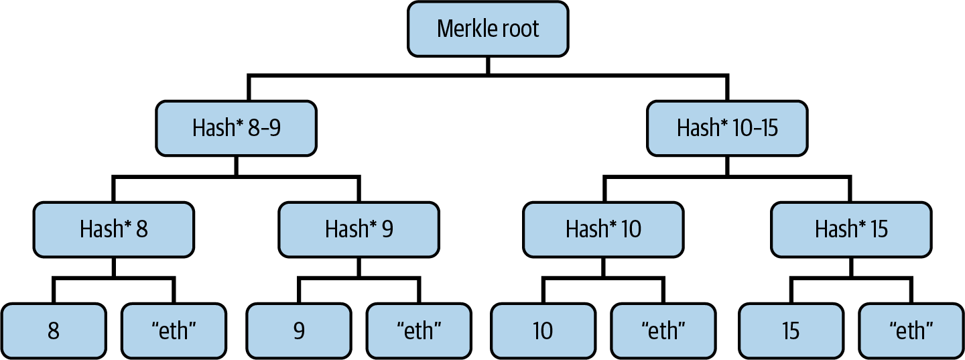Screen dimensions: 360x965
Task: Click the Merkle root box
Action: (x=488, y=29)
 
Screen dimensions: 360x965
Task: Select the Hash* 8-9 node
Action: (x=236, y=128)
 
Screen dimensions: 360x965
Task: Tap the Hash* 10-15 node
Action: (x=727, y=128)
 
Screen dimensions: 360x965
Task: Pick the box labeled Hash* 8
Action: (x=114, y=229)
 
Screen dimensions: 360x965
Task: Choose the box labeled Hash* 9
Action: (x=359, y=229)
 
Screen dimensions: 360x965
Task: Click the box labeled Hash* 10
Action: (x=603, y=229)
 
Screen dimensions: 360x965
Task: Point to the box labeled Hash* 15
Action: (x=851, y=229)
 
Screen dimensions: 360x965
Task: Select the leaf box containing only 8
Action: (x=54, y=331)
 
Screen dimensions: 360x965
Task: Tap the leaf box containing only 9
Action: (x=298, y=331)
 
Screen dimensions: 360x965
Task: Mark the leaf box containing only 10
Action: (x=543, y=331)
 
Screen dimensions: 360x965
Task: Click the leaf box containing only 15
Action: (x=791, y=331)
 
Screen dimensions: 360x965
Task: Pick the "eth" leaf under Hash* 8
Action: (x=175, y=331)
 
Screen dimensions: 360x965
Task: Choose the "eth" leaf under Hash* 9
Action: (x=420, y=331)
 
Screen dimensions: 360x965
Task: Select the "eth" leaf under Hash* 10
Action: (x=664, y=331)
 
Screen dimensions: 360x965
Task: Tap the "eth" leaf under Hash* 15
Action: (x=911, y=331)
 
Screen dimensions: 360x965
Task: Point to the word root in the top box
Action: (x=521, y=29)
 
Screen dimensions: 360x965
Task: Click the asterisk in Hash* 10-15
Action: (x=724, y=124)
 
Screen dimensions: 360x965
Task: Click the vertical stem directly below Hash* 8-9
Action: (x=236, y=166)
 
